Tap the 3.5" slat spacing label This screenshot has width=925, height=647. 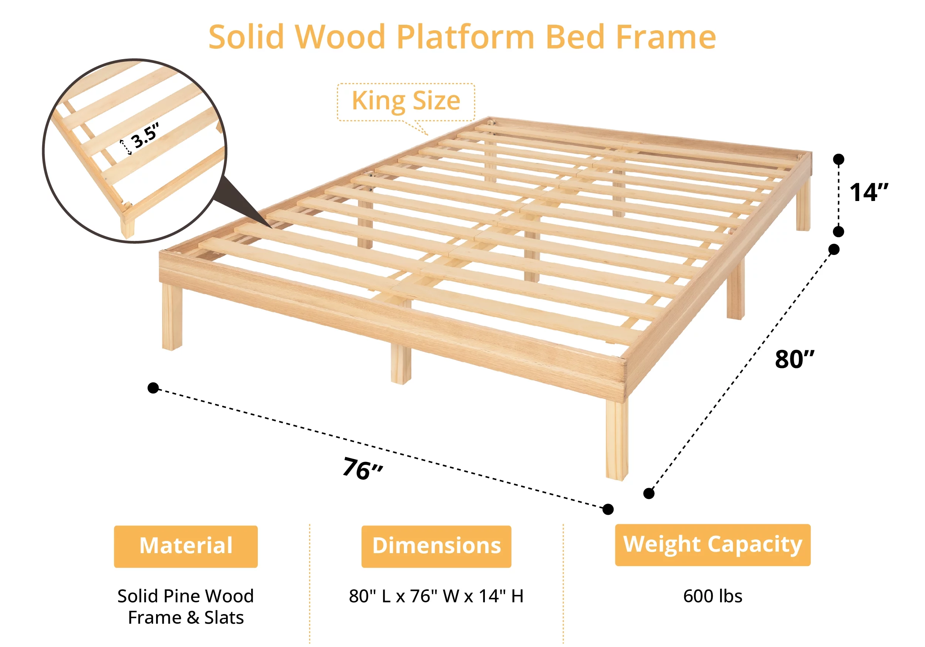(x=145, y=135)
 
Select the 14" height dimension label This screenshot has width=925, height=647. (x=868, y=193)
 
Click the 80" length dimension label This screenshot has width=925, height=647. (x=794, y=359)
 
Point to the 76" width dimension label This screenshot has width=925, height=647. (x=362, y=469)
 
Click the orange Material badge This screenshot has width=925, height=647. (x=186, y=546)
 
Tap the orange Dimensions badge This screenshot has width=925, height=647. (x=436, y=546)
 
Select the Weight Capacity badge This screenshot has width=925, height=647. (x=713, y=545)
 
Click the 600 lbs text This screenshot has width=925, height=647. (x=713, y=596)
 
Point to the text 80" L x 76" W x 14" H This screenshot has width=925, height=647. (x=436, y=596)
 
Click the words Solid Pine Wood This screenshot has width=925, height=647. (x=186, y=596)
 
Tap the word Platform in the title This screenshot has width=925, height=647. (x=466, y=37)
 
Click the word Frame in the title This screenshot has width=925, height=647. (x=666, y=37)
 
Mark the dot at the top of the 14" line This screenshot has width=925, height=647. (x=839, y=159)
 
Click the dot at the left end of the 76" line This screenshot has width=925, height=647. (x=153, y=388)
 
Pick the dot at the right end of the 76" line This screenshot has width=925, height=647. (x=608, y=509)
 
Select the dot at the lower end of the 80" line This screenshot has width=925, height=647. (x=649, y=493)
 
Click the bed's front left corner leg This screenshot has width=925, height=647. (x=172, y=316)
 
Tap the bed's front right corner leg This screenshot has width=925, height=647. (x=617, y=439)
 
